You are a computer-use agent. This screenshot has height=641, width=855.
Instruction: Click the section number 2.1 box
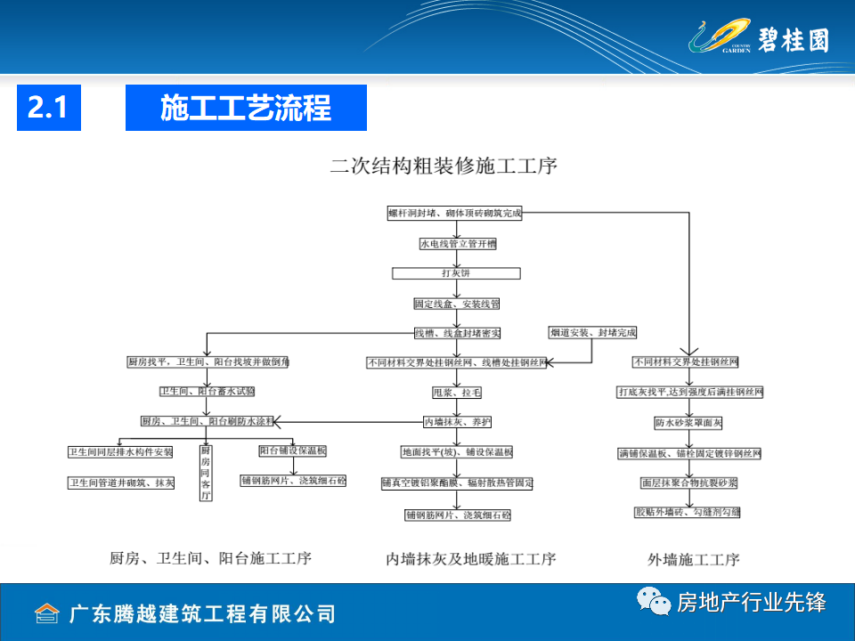click(48, 108)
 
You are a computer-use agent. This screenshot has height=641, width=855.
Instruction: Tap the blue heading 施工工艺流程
click(246, 108)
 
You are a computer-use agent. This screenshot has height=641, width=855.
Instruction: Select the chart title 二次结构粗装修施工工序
click(444, 165)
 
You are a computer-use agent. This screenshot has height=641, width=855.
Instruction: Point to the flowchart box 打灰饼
click(456, 273)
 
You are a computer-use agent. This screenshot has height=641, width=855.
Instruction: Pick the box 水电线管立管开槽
click(458, 243)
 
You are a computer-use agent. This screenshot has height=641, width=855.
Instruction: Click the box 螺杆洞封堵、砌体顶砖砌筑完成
click(454, 214)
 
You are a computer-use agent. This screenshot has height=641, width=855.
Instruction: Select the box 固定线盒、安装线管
click(457, 304)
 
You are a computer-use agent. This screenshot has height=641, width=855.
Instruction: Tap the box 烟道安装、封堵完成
click(593, 333)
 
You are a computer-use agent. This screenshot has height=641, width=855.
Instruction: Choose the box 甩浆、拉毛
click(457, 392)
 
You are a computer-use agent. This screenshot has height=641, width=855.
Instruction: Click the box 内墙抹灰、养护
click(457, 422)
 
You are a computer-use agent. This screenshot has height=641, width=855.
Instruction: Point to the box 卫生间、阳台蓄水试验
click(207, 392)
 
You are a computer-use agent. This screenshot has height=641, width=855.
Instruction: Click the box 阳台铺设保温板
click(293, 451)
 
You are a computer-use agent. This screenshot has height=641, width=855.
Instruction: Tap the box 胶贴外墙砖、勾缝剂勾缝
click(688, 513)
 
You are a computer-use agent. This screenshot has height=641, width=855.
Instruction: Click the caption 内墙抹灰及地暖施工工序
click(471, 559)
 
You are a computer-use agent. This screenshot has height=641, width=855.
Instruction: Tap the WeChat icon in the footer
click(654, 603)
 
